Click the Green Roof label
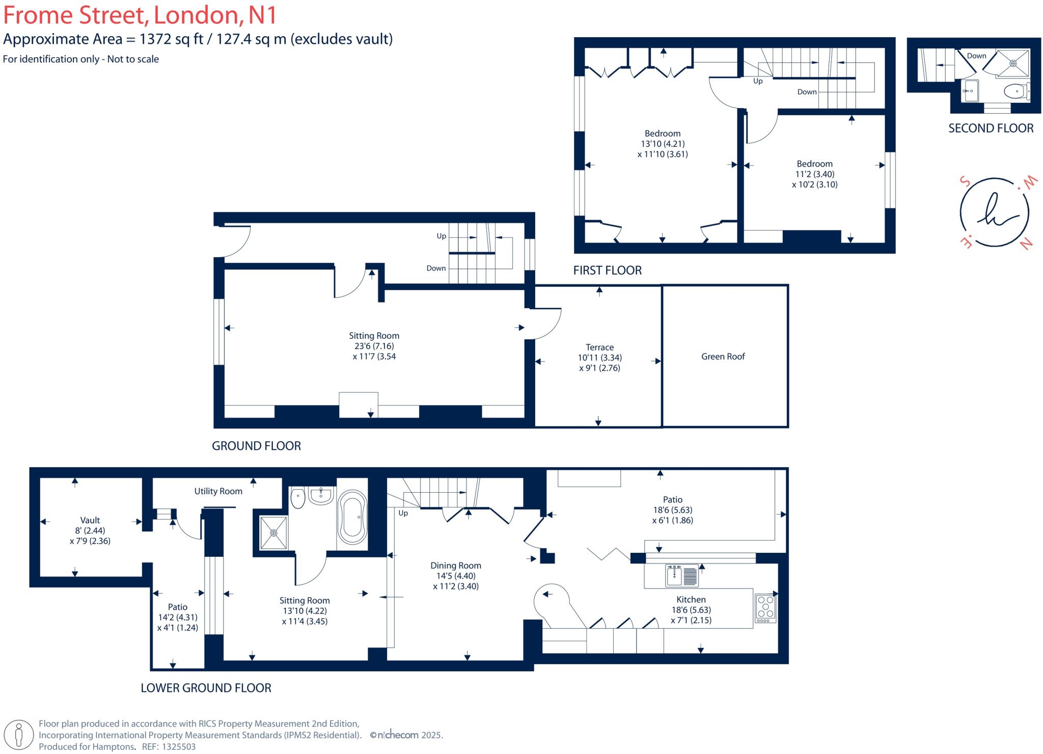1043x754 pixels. tap(723, 357)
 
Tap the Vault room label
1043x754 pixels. tap(90, 520)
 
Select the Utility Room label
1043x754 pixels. tap(218, 491)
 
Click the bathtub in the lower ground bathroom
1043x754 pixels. tap(352, 517)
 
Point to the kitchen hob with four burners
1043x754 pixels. tap(765, 608)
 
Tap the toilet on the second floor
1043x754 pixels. tap(1015, 92)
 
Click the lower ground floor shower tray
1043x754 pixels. tap(274, 533)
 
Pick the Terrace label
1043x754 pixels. tap(599, 347)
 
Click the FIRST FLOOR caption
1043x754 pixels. tap(607, 271)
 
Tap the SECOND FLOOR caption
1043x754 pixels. tap(991, 128)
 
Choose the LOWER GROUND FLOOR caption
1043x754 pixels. tap(206, 688)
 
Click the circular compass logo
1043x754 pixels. tap(994, 212)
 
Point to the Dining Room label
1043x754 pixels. tap(455, 565)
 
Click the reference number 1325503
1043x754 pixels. tap(179, 747)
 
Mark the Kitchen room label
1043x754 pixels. tap(691, 600)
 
